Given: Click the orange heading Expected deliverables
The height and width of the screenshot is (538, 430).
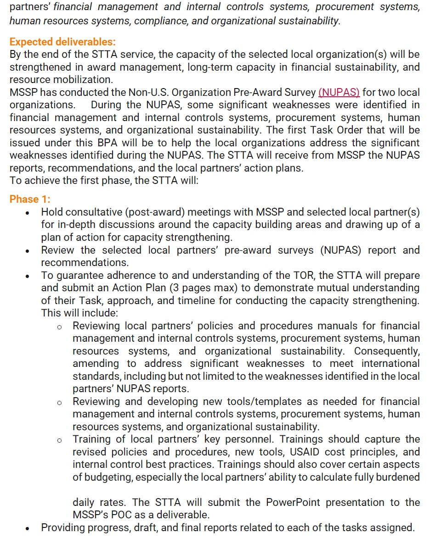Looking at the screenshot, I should pyautogui.click(x=62, y=42).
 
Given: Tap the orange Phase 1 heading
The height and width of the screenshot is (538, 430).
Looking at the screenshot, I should pyautogui.click(x=30, y=199).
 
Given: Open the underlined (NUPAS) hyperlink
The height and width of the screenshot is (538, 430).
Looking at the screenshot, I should pyautogui.click(x=339, y=92).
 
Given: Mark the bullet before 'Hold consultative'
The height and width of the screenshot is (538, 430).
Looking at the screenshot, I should pyautogui.click(x=28, y=213).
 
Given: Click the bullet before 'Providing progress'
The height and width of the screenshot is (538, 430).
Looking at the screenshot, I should pyautogui.click(x=28, y=528).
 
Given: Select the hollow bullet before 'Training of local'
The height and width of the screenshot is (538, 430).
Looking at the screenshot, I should pyautogui.click(x=59, y=440).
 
